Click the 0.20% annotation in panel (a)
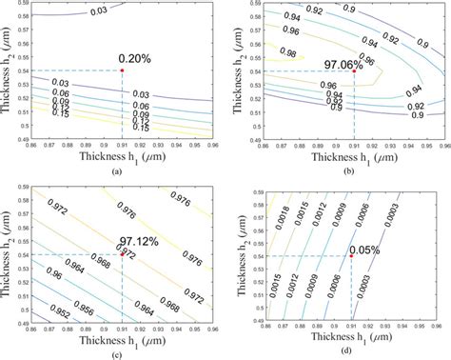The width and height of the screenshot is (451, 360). click(137, 58)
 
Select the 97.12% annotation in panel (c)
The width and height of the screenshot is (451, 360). click(136, 243)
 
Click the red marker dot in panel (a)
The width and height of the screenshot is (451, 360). click(123, 70)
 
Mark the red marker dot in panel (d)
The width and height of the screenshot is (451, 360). click(350, 255)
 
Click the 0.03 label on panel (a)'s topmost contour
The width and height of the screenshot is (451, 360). click(99, 10)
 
